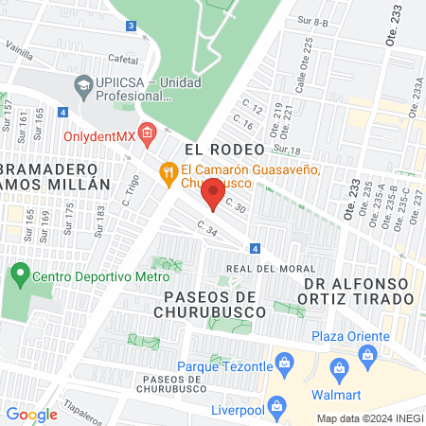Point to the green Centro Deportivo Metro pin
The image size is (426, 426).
pos(18,276)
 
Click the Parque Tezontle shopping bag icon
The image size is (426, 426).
pos(281,363)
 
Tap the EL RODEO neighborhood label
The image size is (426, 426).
pos(217,149)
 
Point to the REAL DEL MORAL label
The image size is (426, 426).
pos(264,269)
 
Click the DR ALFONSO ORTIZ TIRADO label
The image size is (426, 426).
pos(359,291)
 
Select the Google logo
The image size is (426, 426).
pos(31,414)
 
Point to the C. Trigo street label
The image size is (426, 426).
pos(129,189)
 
